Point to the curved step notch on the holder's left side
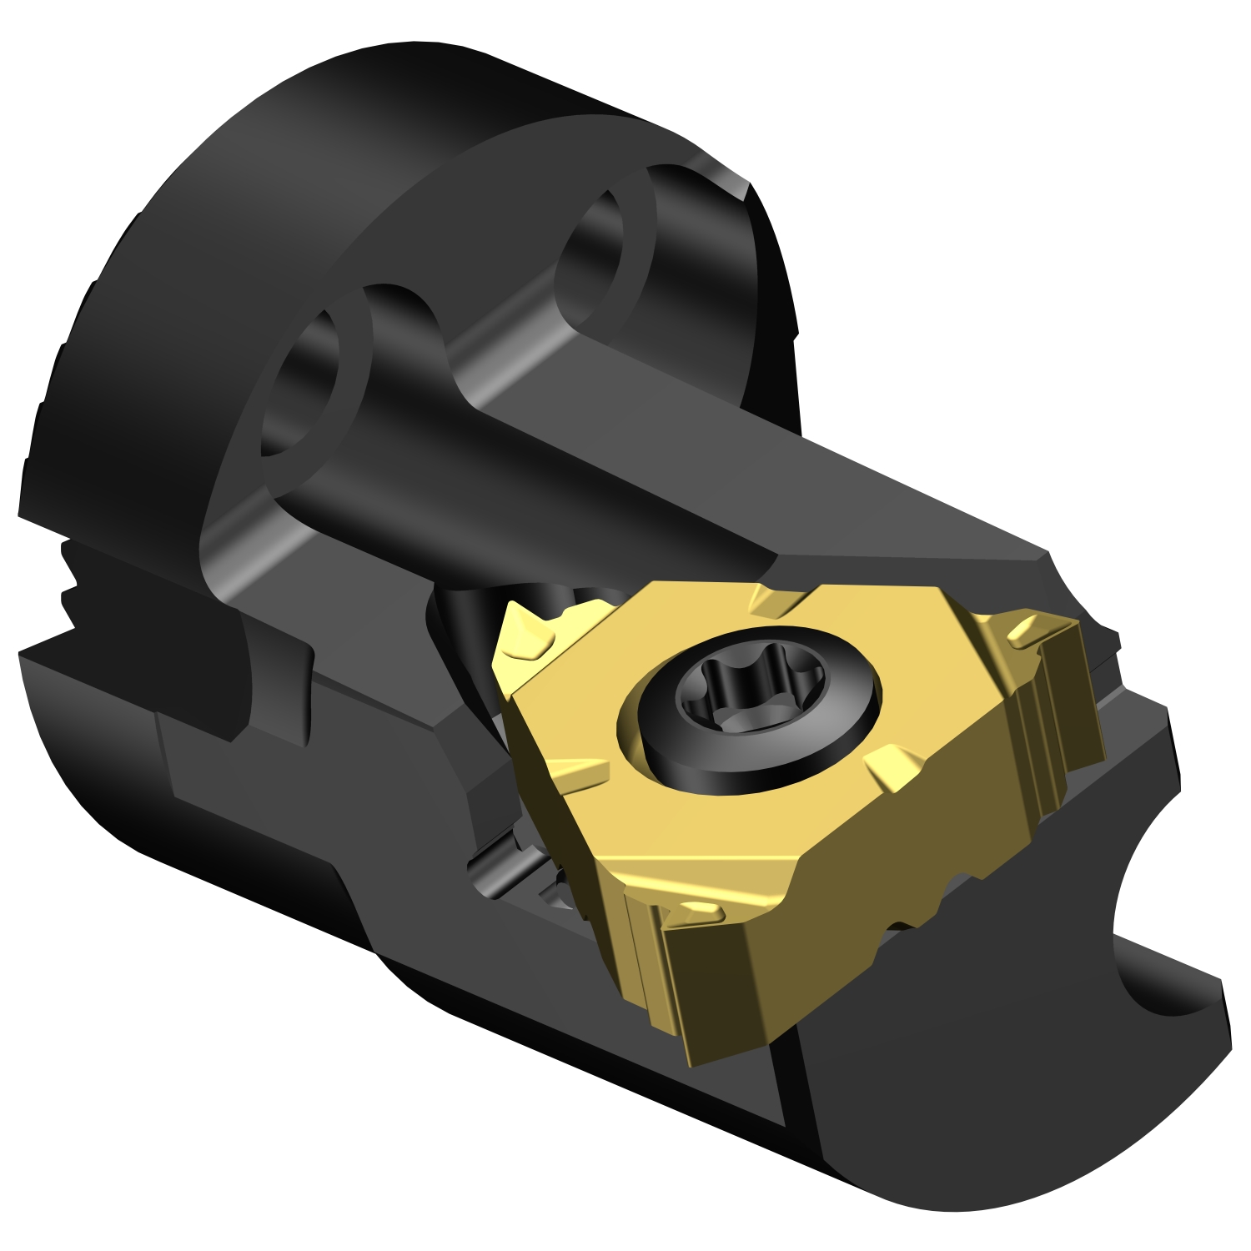(x=275, y=684)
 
